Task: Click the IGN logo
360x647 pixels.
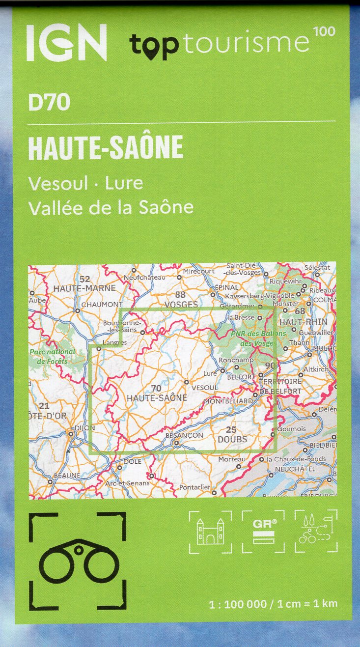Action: pyautogui.click(x=67, y=43)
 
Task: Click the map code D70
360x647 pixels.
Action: pyautogui.click(x=49, y=103)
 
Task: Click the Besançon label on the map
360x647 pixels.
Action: pyautogui.click(x=185, y=435)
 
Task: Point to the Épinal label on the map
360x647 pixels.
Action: pyautogui.click(x=226, y=287)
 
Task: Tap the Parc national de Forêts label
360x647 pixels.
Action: pyautogui.click(x=53, y=356)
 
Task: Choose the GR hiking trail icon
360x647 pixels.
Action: pyautogui.click(x=264, y=532)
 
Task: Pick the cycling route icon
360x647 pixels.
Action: pyautogui.click(x=316, y=532)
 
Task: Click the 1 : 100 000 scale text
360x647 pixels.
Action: pyautogui.click(x=237, y=603)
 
